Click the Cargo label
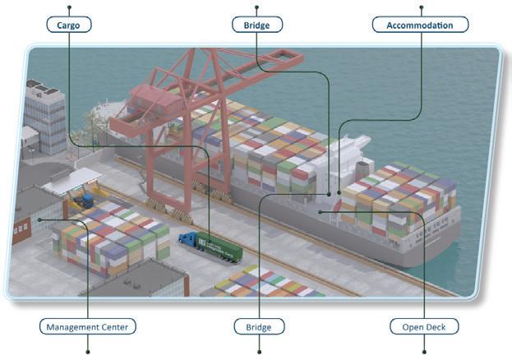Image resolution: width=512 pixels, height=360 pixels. (69, 25)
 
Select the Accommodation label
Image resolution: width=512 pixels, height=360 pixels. (420, 25)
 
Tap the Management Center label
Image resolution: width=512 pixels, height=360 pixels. (87, 327)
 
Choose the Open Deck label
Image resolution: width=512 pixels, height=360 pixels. (424, 327)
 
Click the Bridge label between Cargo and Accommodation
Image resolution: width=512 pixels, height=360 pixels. (256, 25)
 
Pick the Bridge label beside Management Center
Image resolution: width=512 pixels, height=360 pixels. (258, 327)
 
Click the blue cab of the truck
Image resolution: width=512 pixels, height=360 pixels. (187, 240)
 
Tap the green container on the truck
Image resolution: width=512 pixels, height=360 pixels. (219, 248)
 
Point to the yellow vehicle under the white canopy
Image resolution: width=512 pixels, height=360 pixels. (84, 199)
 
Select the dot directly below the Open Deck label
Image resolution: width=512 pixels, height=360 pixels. (424, 351)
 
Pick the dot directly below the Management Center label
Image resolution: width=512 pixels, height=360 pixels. (87, 351)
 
